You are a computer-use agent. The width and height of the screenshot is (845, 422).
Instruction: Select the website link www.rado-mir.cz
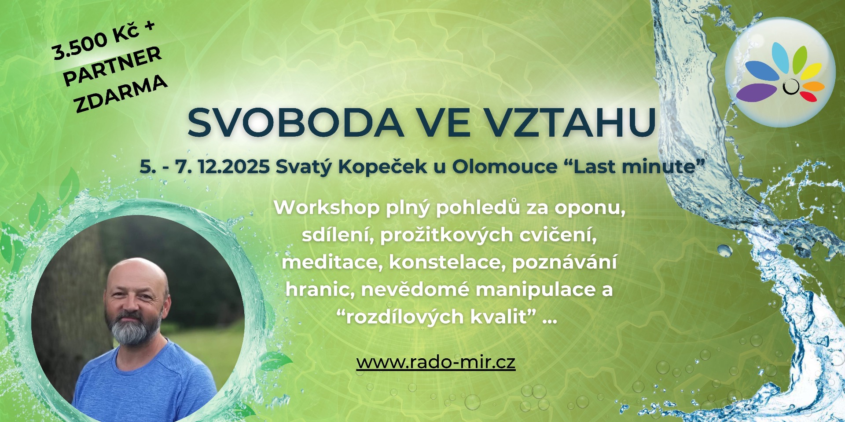pos(436,362)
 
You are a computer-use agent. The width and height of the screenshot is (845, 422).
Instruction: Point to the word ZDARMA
pos(121,94)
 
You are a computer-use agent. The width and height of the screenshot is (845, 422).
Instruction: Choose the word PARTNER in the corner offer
pos(113,66)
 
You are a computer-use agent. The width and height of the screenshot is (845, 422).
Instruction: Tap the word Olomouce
pos(505,167)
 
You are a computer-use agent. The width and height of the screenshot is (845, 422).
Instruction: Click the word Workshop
pos(327,208)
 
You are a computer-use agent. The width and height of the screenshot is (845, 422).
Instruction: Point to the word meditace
pos(329,262)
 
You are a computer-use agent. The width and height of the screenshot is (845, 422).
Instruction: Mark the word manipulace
pos(536,290)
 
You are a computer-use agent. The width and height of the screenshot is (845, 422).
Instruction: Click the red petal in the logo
pos(808,96)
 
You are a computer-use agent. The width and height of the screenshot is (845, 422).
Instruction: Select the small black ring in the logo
pos(791,87)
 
